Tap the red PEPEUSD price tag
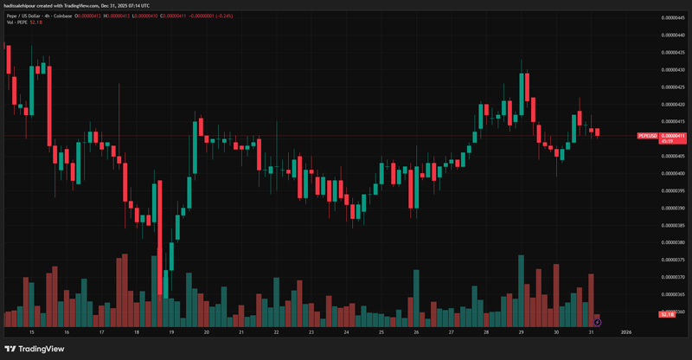coord(662,136)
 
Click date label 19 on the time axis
coord(171,331)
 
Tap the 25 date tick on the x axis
coord(381,331)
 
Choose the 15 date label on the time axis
coord(32,331)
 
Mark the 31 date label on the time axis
coord(591,331)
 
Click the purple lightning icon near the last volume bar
coord(597,322)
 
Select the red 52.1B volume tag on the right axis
coord(666,313)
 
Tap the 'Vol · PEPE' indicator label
coord(16,22)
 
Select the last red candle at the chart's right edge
coord(597,132)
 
